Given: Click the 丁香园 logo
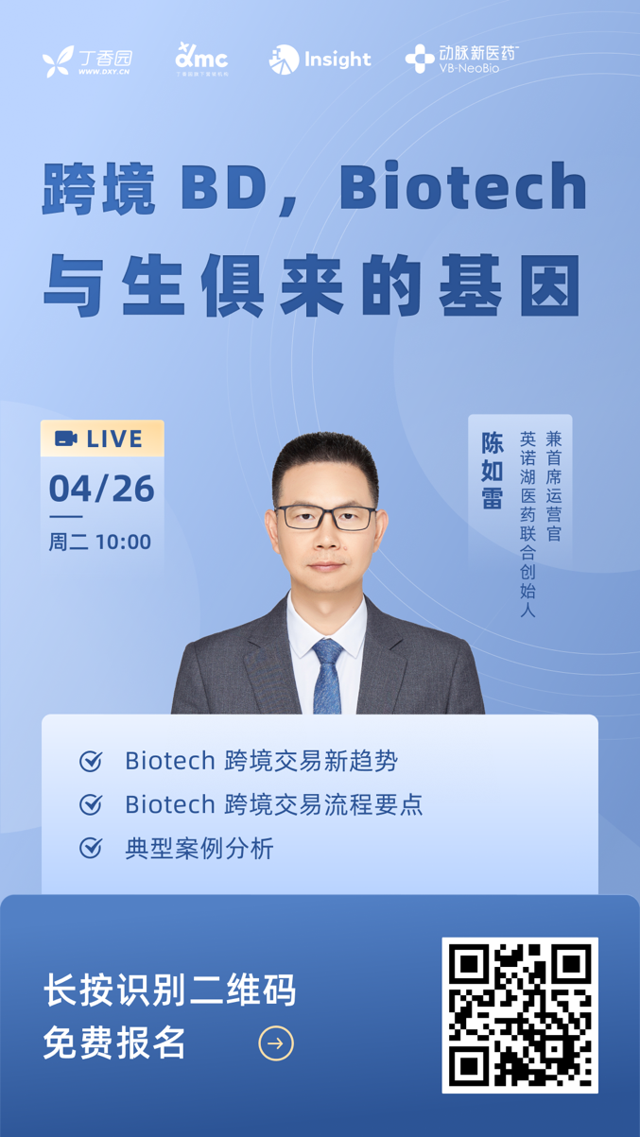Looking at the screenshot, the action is [87, 61].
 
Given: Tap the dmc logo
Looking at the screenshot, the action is [202, 60].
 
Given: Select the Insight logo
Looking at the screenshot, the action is [320, 60].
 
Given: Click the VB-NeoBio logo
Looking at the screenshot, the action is [462, 59].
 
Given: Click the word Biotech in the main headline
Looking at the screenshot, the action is [463, 186].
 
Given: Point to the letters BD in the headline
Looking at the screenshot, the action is [224, 187].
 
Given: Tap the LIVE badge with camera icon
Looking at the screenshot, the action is [102, 439].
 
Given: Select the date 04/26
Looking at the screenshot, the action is [101, 489].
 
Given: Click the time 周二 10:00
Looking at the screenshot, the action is [100, 543].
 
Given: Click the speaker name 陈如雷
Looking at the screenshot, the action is [492, 470].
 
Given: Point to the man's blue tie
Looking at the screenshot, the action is [327, 676].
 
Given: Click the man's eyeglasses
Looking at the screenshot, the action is [326, 517].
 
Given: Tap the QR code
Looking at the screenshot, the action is [520, 1015].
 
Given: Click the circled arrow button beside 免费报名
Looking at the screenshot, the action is [276, 1043].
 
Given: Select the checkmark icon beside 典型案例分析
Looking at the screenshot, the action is [91, 848].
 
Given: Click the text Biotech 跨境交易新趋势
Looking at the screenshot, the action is [261, 761].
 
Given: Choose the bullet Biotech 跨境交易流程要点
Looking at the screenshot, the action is [274, 804].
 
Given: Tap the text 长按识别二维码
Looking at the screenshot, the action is [169, 990].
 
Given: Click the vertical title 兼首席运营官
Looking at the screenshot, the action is [553, 486].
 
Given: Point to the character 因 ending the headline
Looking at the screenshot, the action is [551, 285].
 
